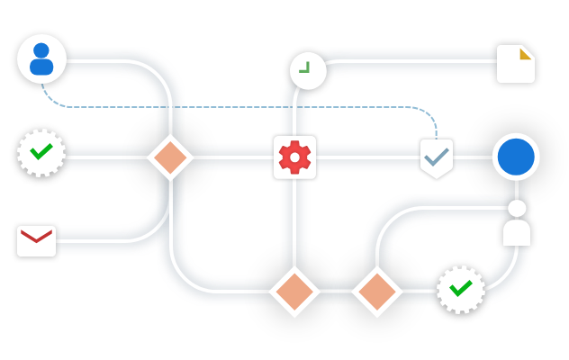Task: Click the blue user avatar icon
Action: (41, 58)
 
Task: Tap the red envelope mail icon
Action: (36, 240)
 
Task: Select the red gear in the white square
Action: (294, 157)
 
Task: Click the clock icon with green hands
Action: (307, 70)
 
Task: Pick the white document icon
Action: (515, 65)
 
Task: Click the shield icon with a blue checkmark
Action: (437, 158)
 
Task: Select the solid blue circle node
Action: (516, 157)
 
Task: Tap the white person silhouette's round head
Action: (517, 209)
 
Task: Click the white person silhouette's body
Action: (517, 233)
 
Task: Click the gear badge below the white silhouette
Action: (460, 291)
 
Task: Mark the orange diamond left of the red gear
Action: (169, 157)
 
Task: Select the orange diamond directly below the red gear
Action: (294, 292)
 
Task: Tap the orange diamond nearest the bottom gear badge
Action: (376, 292)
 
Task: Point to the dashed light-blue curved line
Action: (225, 107)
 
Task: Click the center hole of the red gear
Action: (294, 157)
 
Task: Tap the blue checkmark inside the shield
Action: (437, 157)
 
